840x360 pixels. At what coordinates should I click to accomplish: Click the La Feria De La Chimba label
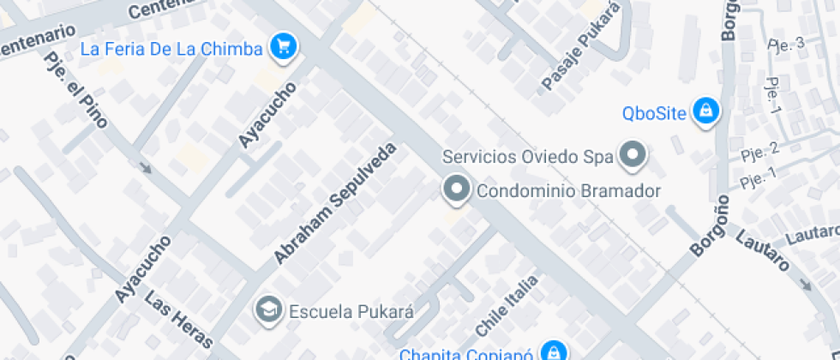(x=171, y=49)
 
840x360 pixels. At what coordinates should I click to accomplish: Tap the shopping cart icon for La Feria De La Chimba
(x=283, y=47)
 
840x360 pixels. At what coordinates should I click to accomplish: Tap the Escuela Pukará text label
(x=351, y=310)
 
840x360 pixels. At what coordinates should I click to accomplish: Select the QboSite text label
(x=656, y=113)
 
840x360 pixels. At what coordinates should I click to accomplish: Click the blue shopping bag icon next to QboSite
(x=705, y=110)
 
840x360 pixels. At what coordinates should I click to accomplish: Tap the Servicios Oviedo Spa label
(x=528, y=157)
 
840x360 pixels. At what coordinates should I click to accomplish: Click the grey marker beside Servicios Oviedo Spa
(x=633, y=155)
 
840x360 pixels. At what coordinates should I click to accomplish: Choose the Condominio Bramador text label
(x=568, y=190)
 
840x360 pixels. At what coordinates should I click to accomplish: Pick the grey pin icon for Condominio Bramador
(x=456, y=189)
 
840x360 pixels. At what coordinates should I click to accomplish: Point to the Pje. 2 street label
(x=759, y=153)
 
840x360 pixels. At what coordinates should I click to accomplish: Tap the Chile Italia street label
(x=507, y=305)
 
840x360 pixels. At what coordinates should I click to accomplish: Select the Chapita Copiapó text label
(x=468, y=353)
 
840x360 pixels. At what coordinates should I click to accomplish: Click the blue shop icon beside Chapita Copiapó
(x=555, y=352)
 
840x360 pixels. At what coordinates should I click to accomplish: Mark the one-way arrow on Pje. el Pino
(x=144, y=165)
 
